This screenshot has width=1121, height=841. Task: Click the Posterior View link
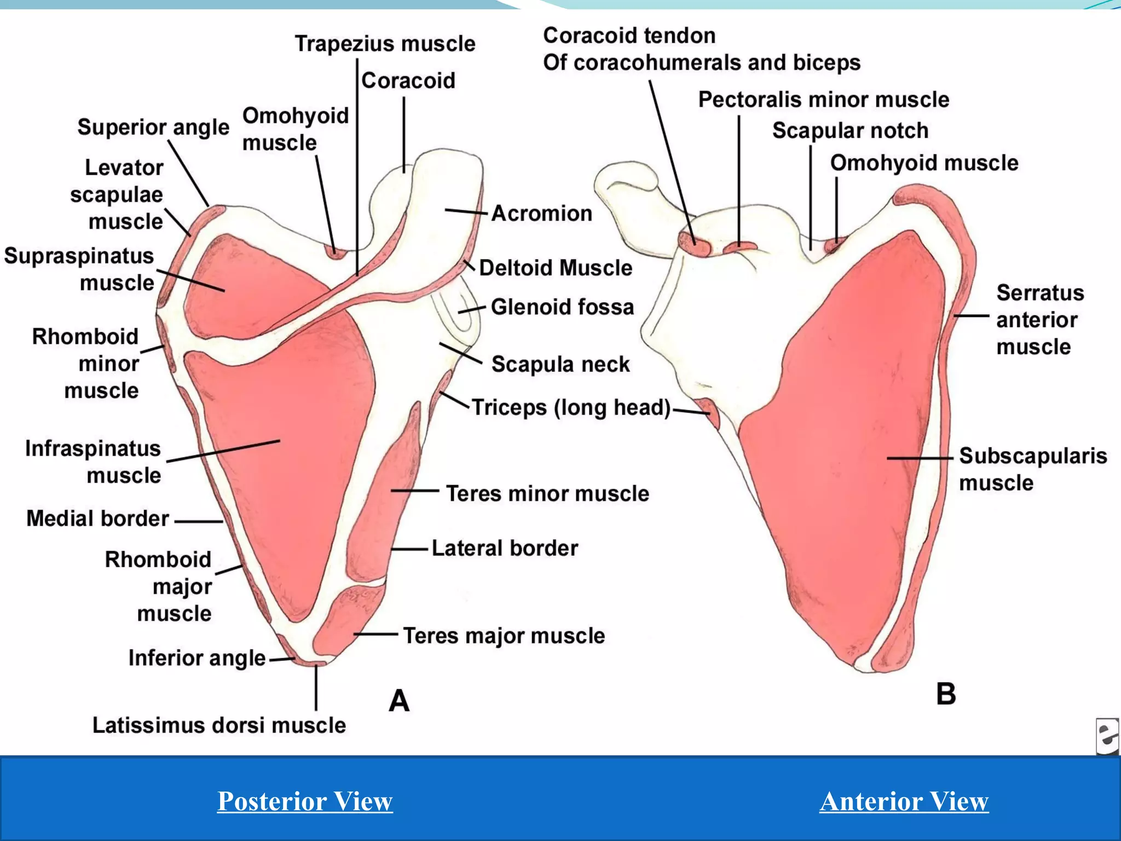click(x=305, y=801)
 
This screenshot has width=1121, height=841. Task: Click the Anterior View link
click(x=904, y=801)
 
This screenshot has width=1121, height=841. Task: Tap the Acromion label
click(x=541, y=214)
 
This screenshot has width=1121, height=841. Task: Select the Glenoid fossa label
click(x=562, y=307)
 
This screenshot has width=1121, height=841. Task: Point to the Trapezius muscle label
click(x=385, y=44)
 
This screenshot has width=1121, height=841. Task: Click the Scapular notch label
click(x=850, y=131)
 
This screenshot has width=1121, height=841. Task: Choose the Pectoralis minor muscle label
click(x=823, y=100)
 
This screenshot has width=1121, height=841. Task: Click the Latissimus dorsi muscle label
click(x=219, y=725)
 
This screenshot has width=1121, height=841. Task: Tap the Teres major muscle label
click(x=504, y=636)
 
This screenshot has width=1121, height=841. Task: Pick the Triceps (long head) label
click(x=571, y=408)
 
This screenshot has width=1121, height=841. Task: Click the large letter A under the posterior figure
click(x=399, y=701)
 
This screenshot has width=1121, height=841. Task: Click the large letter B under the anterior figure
click(x=946, y=694)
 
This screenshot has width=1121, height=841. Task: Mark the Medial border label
click(x=97, y=519)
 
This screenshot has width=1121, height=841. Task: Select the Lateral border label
click(x=505, y=548)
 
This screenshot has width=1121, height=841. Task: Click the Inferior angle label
click(x=197, y=658)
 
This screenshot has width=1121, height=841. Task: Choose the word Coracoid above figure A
click(x=408, y=81)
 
